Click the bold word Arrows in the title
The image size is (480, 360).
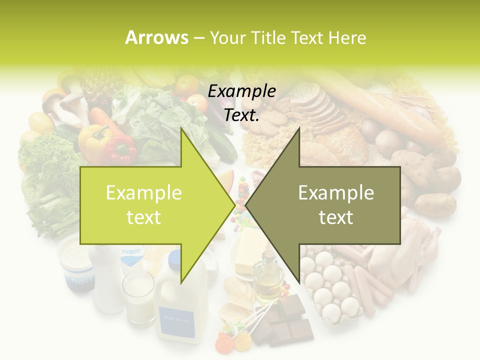(157, 37)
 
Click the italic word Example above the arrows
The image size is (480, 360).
(242, 91)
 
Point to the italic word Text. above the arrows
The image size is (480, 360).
(242, 115)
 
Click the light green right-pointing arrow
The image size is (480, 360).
(150, 205)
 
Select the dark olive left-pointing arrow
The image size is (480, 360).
(330, 205)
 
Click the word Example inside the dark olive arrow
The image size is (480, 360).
(336, 193)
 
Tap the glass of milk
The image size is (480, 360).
(139, 297)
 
